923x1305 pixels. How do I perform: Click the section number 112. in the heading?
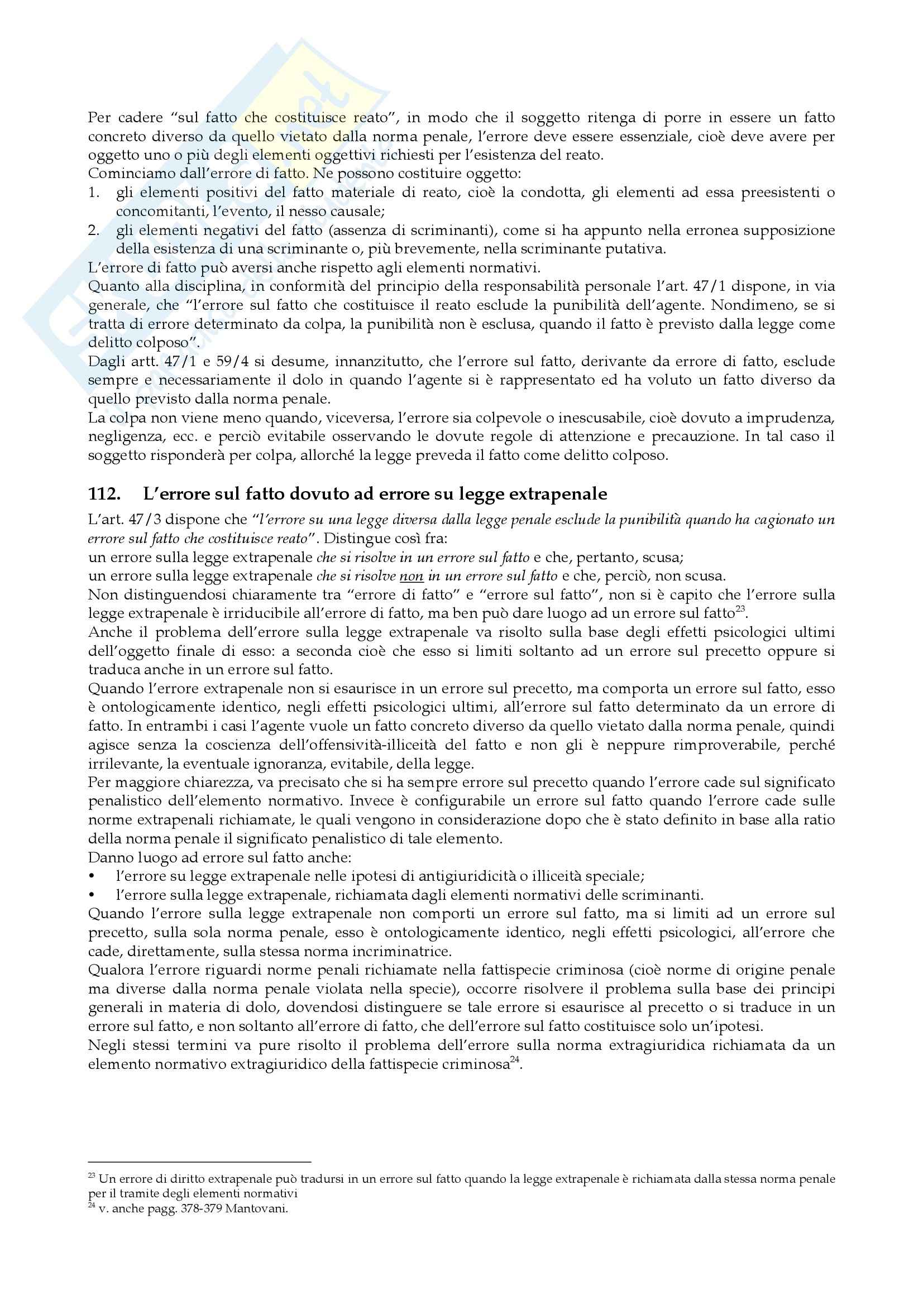[x=104, y=494]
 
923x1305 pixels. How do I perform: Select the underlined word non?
[x=411, y=577]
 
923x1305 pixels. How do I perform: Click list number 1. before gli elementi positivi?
[x=94, y=193]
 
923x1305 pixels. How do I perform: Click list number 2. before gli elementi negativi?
[x=94, y=230]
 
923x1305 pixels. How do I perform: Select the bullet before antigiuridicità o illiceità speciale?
[x=92, y=876]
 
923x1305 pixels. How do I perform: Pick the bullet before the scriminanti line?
[x=92, y=895]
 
